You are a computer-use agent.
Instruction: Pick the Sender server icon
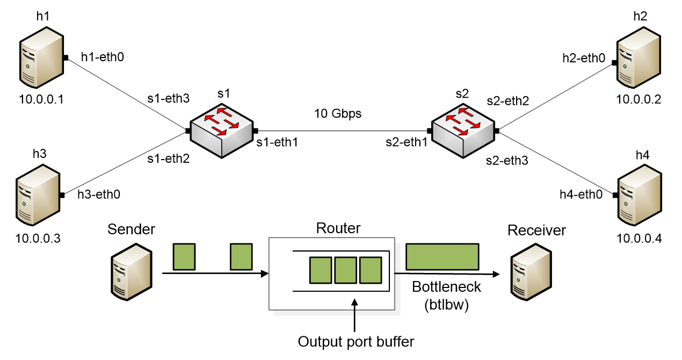(132, 271)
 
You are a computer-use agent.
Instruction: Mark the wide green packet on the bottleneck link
(442, 256)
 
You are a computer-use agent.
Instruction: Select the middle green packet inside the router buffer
(345, 270)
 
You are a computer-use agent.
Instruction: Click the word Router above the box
(338, 228)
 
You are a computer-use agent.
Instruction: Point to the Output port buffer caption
(356, 341)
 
